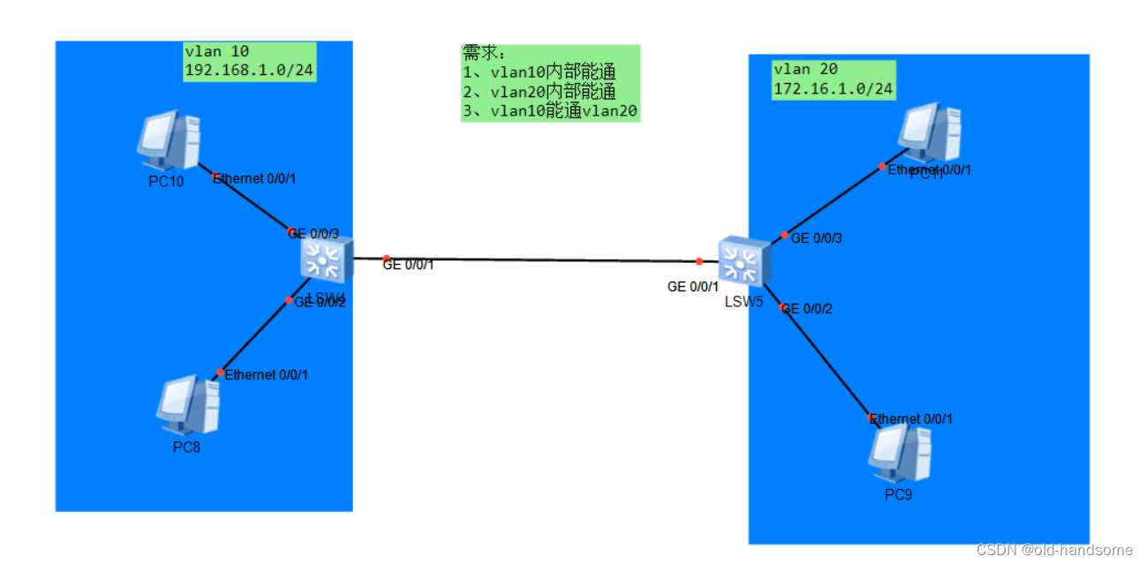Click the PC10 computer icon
(x=169, y=139)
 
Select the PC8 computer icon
(x=188, y=406)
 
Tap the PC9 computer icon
(x=900, y=454)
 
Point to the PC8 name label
(x=186, y=447)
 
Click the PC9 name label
(x=898, y=494)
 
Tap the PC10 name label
(x=166, y=182)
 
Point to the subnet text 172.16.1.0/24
(x=833, y=88)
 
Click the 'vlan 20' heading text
(x=805, y=70)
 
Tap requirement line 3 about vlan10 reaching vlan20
(x=549, y=111)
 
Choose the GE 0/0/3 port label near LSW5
(x=817, y=238)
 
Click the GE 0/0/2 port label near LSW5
(x=807, y=309)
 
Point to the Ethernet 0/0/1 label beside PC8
(x=267, y=375)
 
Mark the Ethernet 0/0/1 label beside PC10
(x=254, y=178)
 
